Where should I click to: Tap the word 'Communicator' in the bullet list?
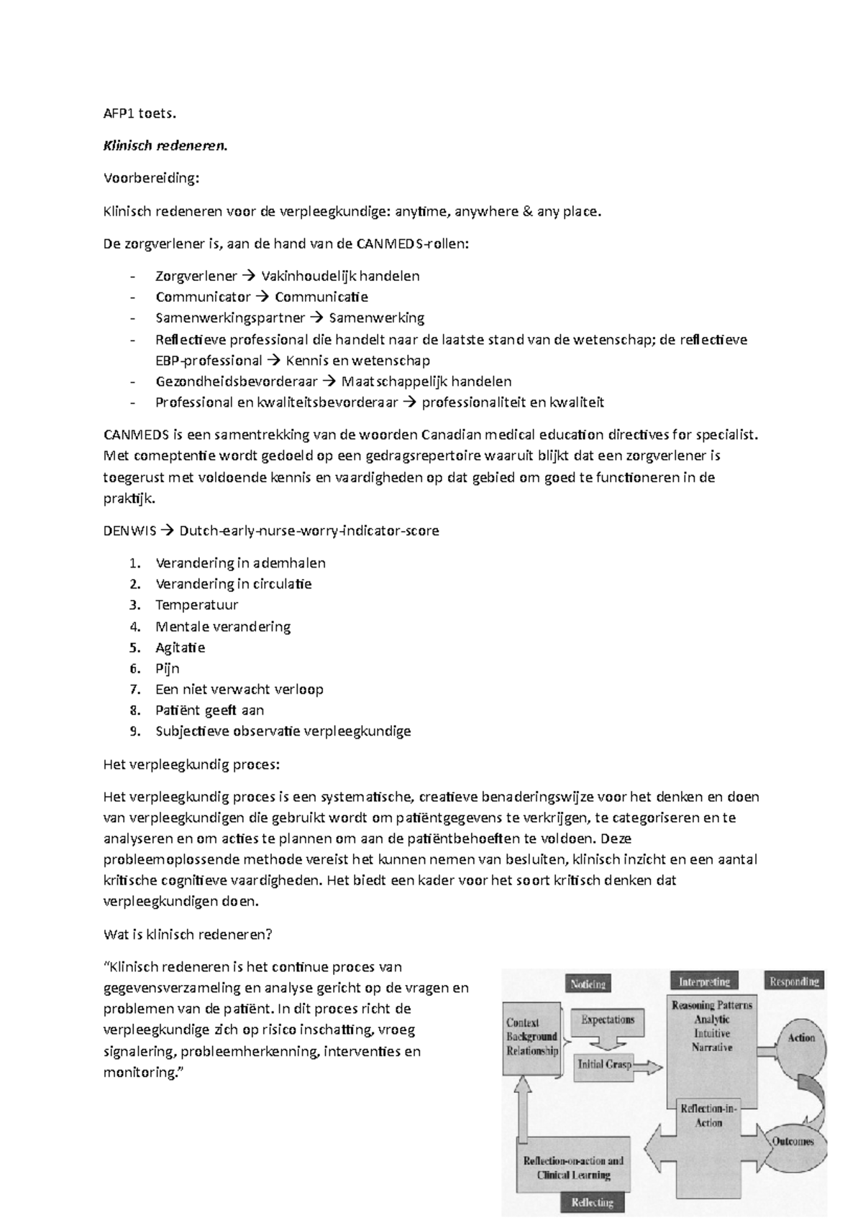point(203,297)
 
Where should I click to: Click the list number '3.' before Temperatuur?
point(134,605)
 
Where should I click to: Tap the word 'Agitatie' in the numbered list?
point(180,647)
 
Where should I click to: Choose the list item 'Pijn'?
point(168,668)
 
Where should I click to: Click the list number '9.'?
point(134,731)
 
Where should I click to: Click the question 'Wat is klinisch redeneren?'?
point(188,935)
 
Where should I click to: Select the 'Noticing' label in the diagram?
point(588,984)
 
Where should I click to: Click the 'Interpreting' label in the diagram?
point(704,981)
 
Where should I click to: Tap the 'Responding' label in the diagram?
point(794,981)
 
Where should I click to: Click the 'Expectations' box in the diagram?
point(608,1020)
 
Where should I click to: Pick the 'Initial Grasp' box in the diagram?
point(604,1064)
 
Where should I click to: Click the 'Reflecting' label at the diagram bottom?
point(592,1203)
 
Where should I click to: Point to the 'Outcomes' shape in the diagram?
point(793,1141)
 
